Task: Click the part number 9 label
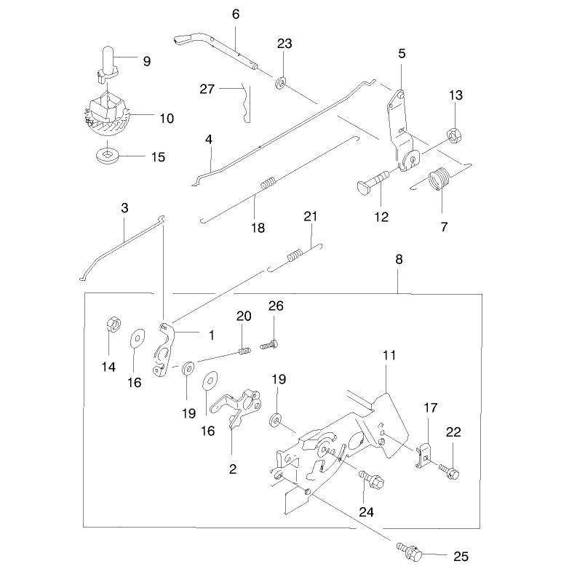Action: [x=146, y=61]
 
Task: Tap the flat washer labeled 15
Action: [x=108, y=156]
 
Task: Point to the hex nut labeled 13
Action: [x=453, y=135]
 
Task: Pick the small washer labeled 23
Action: [x=280, y=83]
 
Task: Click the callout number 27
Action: [x=207, y=89]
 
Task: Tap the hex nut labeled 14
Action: [x=113, y=324]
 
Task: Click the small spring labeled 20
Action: [x=244, y=351]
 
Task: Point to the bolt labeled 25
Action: [x=410, y=551]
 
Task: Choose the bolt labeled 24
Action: [x=372, y=480]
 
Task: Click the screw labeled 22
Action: [x=449, y=471]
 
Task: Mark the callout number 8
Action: [x=399, y=260]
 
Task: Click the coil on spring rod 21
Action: [x=295, y=255]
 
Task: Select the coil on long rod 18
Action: [x=268, y=183]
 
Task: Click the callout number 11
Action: [x=389, y=355]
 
